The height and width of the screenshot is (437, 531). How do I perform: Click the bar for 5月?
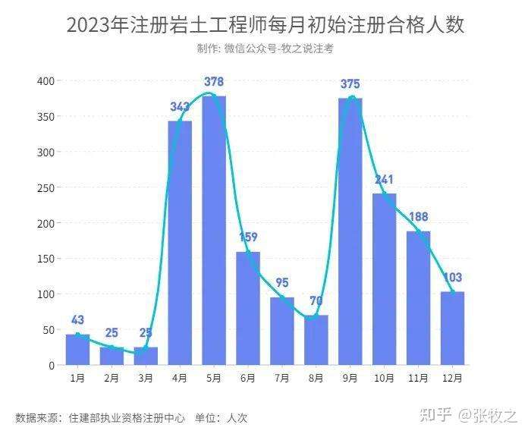tap(214, 231)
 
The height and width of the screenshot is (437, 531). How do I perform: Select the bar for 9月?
tap(350, 231)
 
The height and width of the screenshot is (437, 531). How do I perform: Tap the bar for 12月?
tap(452, 328)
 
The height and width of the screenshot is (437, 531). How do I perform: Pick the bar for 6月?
tap(248, 308)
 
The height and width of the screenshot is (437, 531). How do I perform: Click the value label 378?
tap(214, 82)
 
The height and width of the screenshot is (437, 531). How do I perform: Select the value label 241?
tap(385, 180)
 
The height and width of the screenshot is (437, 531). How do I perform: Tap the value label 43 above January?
tap(78, 320)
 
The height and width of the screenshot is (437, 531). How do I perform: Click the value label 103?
tap(452, 278)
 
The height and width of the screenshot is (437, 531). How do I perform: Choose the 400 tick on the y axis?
tap(46, 81)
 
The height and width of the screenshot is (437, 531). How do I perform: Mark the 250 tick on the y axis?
tap(46, 187)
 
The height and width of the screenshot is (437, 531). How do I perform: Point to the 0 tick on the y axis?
tap(52, 365)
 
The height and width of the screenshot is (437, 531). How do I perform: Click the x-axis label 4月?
tap(180, 377)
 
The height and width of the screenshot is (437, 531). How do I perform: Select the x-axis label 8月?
tap(316, 377)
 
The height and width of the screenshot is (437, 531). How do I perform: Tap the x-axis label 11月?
tap(419, 377)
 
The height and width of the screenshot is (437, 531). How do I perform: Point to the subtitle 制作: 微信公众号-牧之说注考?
tap(265, 49)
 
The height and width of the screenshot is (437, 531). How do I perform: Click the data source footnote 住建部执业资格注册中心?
tap(127, 417)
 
